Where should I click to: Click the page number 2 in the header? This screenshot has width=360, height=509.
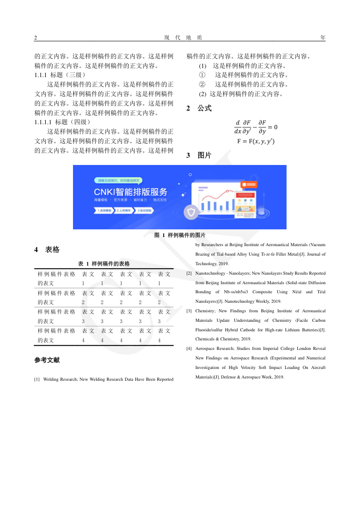(36, 38)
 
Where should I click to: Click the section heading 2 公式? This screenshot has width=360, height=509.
(199, 109)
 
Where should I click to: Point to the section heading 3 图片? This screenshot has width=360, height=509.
(199, 155)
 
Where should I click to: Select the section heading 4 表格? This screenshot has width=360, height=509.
(47, 250)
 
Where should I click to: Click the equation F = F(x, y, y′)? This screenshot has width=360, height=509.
(256, 141)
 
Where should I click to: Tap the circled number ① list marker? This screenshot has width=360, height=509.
(202, 75)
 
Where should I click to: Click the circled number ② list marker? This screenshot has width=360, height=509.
(202, 84)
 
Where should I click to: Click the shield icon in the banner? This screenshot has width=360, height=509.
(191, 212)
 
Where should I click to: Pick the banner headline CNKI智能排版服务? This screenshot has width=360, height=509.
(131, 191)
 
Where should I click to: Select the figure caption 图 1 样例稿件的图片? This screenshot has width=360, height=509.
(180, 235)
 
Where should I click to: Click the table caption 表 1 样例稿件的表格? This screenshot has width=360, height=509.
(104, 263)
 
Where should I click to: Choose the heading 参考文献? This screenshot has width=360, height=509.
(47, 360)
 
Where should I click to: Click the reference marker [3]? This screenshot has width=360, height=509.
(189, 311)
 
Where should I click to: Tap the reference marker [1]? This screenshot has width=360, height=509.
(37, 379)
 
